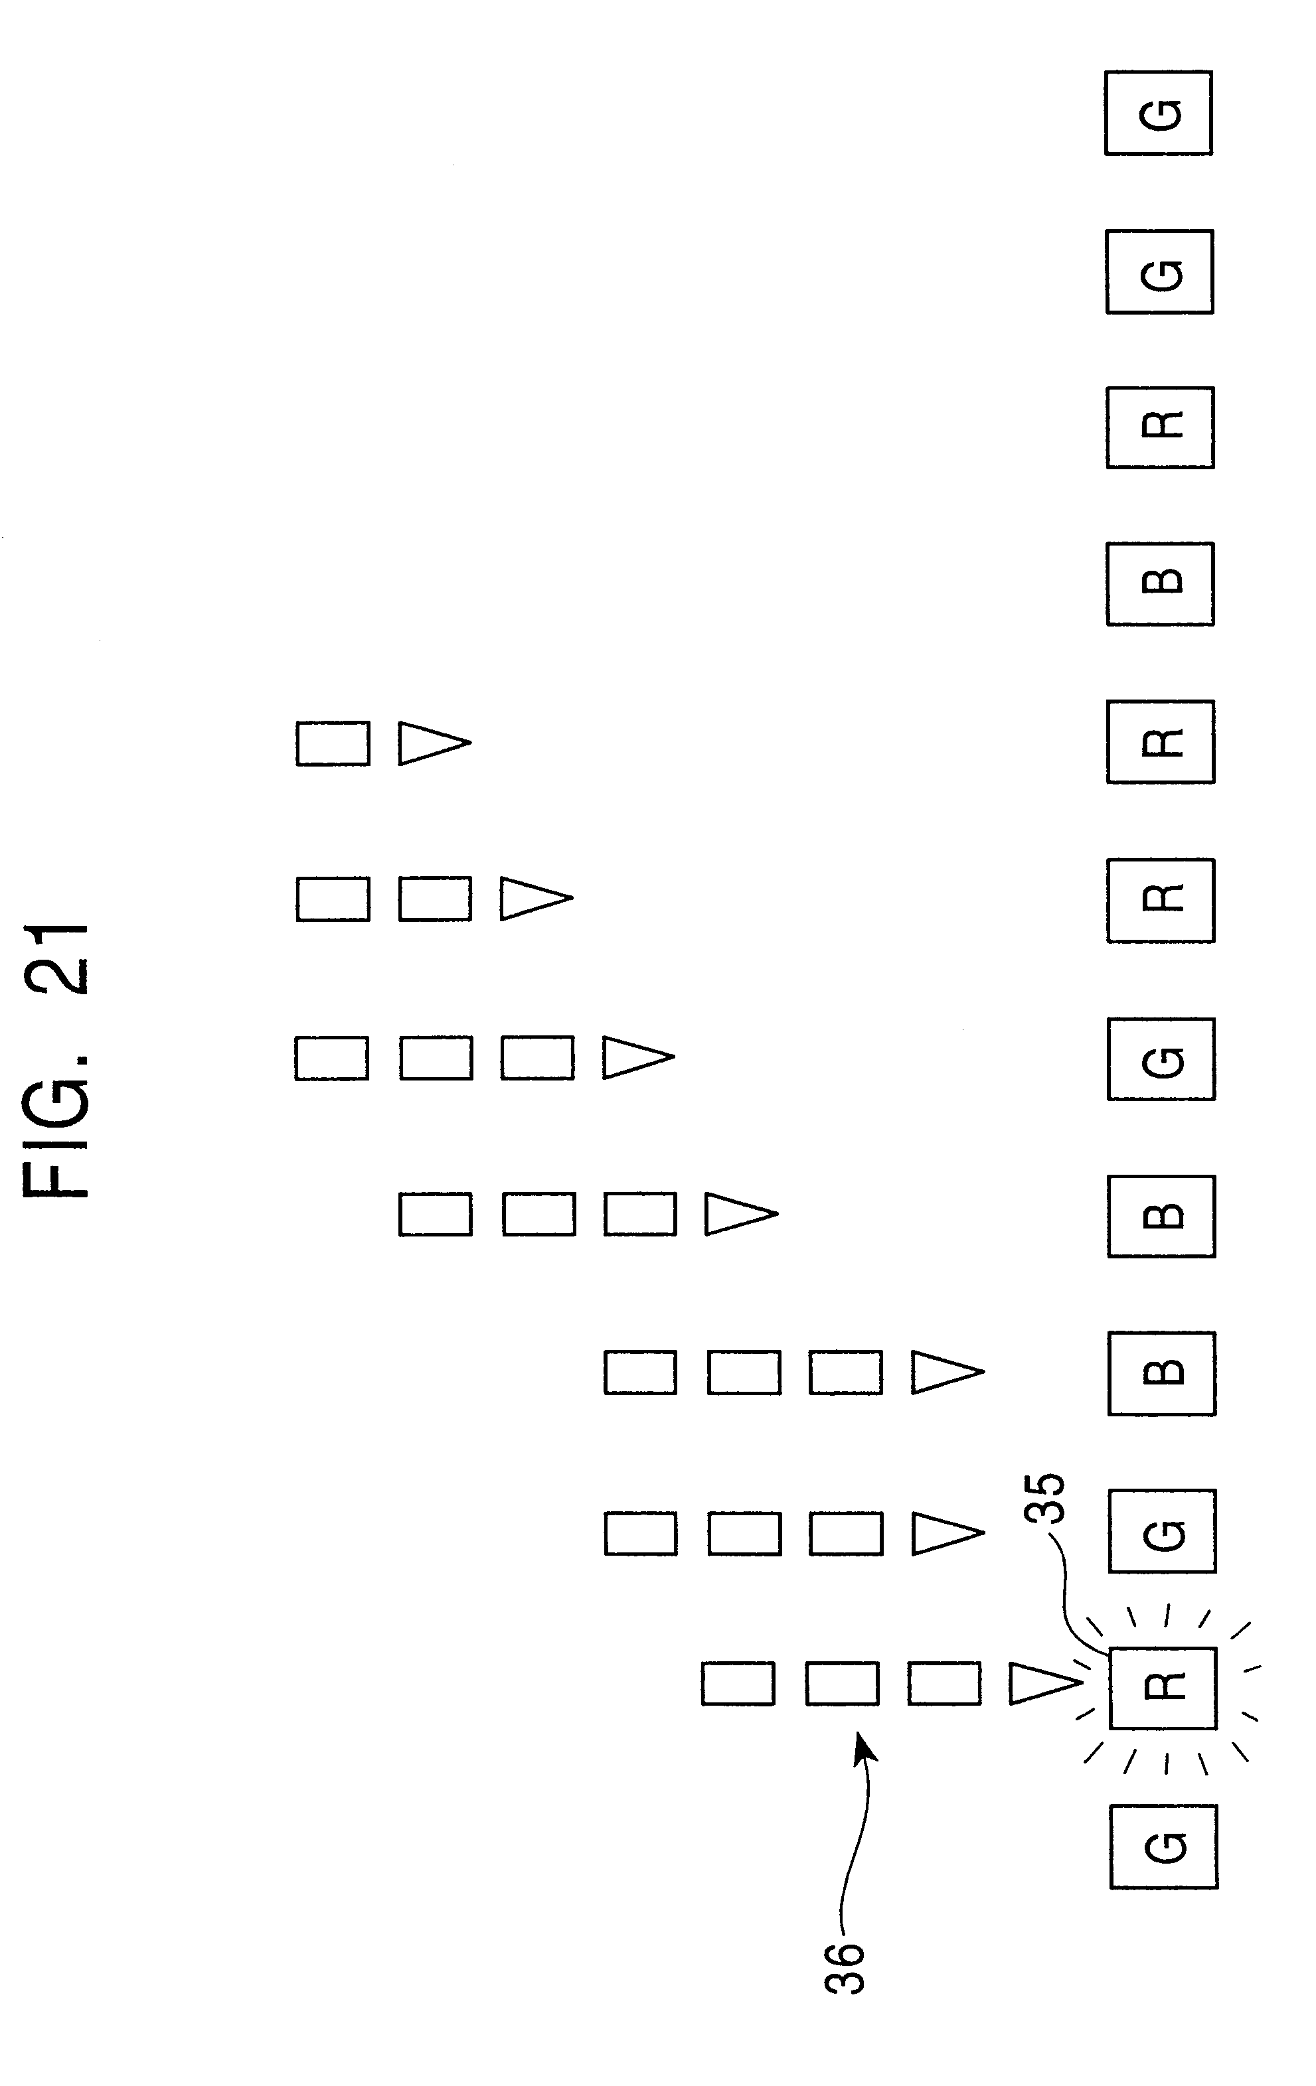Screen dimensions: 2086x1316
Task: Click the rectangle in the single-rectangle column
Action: (333, 743)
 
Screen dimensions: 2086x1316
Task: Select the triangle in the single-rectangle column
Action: (433, 743)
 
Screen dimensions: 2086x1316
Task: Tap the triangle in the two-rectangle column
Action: (535, 899)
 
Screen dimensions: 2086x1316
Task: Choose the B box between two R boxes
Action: (1160, 583)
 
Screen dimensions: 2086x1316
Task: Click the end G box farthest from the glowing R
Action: (1159, 113)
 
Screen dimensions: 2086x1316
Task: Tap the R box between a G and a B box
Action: (1160, 427)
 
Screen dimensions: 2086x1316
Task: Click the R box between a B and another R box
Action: (1161, 741)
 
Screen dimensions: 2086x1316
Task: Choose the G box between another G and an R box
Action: (1159, 271)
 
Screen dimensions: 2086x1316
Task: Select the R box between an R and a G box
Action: (1161, 900)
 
